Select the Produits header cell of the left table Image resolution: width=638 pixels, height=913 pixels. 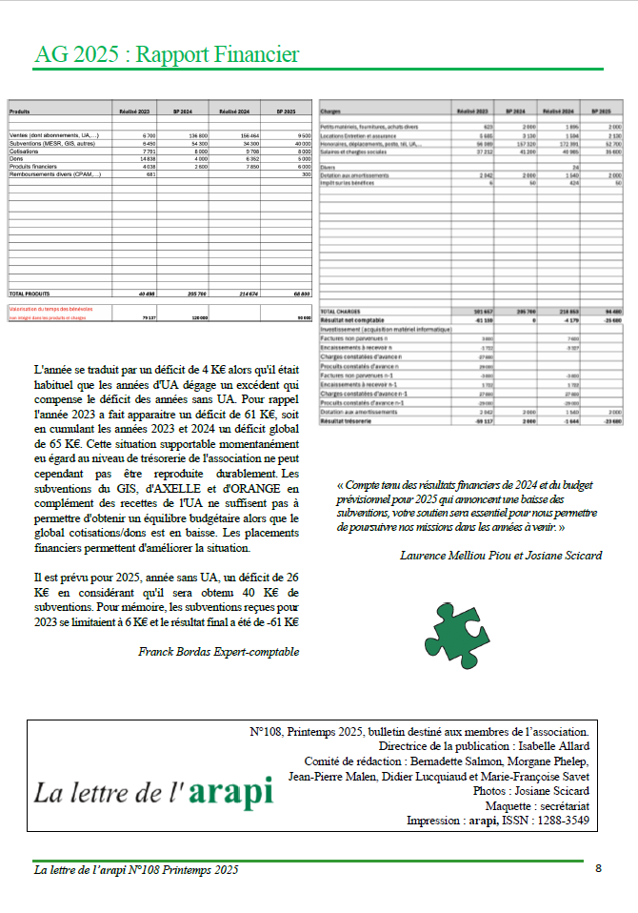tap(21, 112)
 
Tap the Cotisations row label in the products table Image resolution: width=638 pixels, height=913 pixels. tap(26, 152)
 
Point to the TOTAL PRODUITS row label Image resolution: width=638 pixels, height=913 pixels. tap(31, 294)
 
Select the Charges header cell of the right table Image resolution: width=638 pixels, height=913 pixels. tap(332, 112)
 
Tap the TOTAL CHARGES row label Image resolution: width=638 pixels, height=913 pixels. tap(341, 312)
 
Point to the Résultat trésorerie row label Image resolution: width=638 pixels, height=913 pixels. tap(345, 419)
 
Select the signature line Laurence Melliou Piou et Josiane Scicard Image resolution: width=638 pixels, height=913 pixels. tap(501, 555)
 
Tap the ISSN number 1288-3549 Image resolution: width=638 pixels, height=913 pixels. tap(562, 821)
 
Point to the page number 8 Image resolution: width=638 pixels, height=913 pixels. tap(598, 868)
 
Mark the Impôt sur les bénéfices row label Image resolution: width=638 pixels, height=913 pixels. tap(349, 182)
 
